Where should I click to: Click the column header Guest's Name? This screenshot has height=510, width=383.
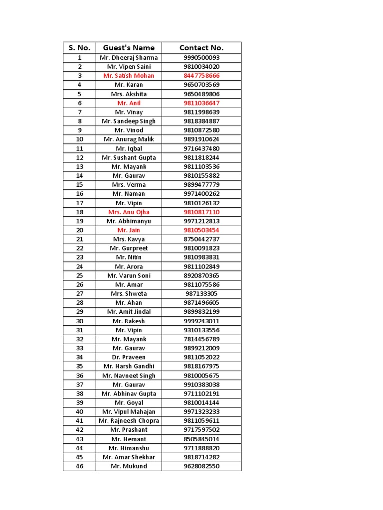coord(129,48)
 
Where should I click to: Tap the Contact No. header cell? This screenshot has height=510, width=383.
coord(201,48)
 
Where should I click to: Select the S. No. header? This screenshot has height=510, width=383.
coord(79,48)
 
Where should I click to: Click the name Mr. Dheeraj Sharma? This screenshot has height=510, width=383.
coord(129,58)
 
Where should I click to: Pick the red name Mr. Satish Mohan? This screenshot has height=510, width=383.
coord(129,76)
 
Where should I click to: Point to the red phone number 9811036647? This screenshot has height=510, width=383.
coord(201,103)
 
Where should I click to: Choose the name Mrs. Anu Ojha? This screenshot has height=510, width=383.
coord(129,212)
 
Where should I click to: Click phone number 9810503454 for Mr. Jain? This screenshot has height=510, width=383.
coord(201,230)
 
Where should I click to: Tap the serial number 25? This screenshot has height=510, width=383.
coord(79,275)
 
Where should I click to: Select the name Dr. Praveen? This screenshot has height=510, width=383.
coord(129,357)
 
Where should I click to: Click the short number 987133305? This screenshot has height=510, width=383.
coord(201,294)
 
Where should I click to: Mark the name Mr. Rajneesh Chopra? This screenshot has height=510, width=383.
coord(129,421)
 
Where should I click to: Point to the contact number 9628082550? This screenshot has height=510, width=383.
coord(201,466)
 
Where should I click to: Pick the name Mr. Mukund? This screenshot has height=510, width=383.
coord(129,466)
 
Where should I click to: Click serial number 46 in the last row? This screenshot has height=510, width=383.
coord(79,466)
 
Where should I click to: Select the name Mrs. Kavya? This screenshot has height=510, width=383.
coord(129,239)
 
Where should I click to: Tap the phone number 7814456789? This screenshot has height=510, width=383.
coord(201,339)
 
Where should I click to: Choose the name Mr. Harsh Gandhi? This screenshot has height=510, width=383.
coord(129,366)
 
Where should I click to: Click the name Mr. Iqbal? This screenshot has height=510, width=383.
coord(129,148)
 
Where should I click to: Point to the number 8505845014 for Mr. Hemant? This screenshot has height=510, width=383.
coord(201,439)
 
